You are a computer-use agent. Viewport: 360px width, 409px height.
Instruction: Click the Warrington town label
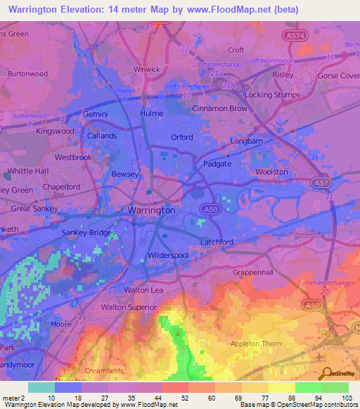click(151, 210)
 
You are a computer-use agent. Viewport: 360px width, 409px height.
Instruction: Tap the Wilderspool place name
click(169, 255)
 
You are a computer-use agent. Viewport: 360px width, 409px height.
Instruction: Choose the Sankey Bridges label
click(87, 232)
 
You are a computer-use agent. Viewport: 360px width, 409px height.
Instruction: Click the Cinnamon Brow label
click(220, 109)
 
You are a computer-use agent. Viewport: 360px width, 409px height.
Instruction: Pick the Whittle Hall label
click(28, 171)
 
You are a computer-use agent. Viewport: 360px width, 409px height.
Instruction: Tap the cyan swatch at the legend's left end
click(41, 387)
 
